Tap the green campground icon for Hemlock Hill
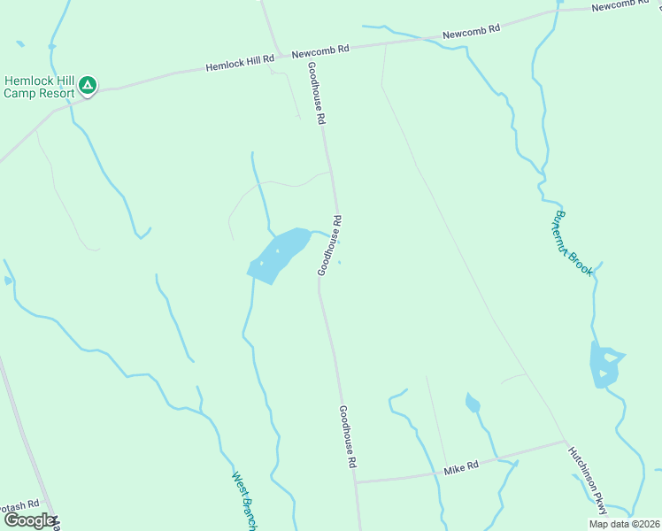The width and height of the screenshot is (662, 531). [x=87, y=86]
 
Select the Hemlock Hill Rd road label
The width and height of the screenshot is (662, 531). [x=241, y=63]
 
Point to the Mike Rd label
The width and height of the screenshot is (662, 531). [x=461, y=466]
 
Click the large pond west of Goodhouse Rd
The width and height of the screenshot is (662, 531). [x=276, y=256]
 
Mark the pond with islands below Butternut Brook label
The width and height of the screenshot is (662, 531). [x=604, y=365]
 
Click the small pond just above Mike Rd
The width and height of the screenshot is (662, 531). [x=473, y=404]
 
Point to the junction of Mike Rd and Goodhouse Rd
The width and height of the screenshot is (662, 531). [x=356, y=482]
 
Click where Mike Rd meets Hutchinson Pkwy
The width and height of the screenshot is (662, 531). [x=565, y=441]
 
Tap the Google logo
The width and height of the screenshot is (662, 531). [x=28, y=520]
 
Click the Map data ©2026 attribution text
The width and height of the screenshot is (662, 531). [x=623, y=524]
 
